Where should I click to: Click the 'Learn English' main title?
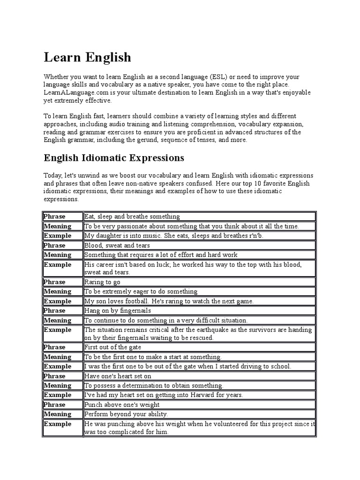88,57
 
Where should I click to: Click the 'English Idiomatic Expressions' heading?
114,157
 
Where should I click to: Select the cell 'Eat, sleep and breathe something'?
132,217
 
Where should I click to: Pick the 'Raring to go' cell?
102,282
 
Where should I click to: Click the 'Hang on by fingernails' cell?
118,310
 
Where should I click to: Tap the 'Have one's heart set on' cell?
118,376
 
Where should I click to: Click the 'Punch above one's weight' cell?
122,405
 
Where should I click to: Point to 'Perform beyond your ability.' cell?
126,414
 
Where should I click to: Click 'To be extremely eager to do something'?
141,292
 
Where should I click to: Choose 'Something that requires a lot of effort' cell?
161,255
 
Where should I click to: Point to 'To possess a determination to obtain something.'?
154,385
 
